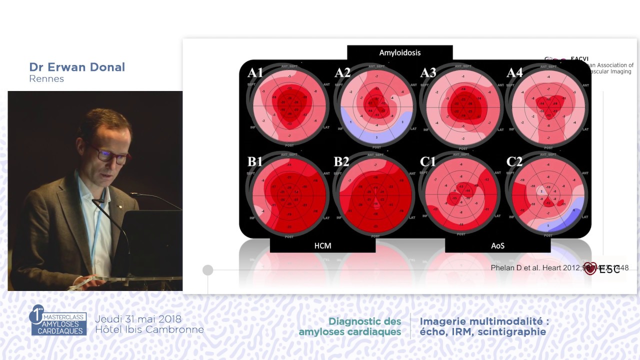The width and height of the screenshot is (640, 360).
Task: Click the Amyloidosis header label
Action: click(x=399, y=52)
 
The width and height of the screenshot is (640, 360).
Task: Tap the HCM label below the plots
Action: click(x=322, y=245)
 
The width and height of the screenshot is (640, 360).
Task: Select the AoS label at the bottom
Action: click(x=497, y=245)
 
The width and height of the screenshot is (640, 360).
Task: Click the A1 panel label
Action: click(x=255, y=73)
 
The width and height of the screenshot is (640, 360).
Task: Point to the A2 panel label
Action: click(x=342, y=73)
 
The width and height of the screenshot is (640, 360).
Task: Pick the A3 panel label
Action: click(x=428, y=73)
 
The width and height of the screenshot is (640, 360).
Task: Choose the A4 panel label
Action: click(x=514, y=73)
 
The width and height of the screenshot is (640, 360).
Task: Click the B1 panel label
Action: click(x=255, y=161)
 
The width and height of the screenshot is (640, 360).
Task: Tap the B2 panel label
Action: click(x=341, y=161)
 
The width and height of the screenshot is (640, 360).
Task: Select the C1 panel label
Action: click(x=428, y=161)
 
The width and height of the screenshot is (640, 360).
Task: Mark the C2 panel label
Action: click(x=514, y=161)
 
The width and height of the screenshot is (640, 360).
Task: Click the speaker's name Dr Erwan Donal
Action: click(x=77, y=67)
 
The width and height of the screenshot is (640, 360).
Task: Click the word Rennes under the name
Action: click(x=46, y=79)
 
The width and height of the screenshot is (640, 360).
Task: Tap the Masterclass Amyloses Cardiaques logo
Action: click(x=58, y=320)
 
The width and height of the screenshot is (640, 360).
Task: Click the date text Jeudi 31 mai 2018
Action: click(x=138, y=319)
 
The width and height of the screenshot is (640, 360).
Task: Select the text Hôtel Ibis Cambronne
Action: click(x=149, y=329)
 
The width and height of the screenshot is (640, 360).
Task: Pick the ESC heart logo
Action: click(x=590, y=268)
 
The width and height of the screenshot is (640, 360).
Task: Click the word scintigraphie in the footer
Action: click(x=516, y=331)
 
